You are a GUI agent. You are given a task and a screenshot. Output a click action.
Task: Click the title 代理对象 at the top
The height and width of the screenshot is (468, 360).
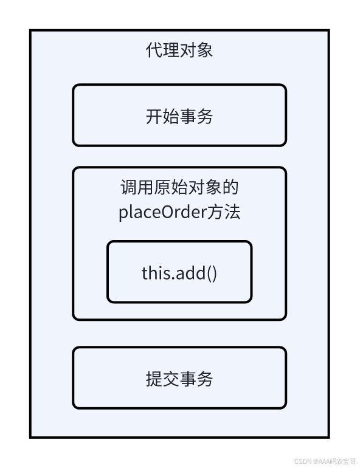179,50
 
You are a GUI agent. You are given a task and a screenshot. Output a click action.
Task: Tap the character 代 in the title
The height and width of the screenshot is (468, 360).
154,50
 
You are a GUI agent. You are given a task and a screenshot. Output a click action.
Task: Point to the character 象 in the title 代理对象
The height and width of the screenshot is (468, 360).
205,50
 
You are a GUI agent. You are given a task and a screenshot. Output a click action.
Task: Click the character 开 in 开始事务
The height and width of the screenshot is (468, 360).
154,116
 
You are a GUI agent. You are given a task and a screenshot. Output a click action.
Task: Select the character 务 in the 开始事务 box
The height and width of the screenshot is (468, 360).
205,116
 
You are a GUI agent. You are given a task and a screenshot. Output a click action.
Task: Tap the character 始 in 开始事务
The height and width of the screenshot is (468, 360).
171,116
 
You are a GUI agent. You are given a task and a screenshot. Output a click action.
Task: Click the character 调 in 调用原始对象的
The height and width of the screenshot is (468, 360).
129,187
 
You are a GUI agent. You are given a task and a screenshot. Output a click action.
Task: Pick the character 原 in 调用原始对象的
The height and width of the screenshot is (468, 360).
162,187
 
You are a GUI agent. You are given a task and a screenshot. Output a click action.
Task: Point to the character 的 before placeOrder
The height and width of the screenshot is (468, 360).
230,187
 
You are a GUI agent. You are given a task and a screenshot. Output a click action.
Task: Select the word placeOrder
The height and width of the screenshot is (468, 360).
163,213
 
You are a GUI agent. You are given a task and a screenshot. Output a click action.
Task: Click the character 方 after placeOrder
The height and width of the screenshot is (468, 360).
215,212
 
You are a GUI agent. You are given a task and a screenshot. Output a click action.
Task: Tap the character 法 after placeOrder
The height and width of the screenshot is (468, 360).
232,212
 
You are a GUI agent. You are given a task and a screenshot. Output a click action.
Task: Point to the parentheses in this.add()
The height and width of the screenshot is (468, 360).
212,274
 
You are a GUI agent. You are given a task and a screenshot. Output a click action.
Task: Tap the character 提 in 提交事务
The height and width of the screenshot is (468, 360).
154,379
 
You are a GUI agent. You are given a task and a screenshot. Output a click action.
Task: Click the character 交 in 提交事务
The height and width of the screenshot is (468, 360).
171,379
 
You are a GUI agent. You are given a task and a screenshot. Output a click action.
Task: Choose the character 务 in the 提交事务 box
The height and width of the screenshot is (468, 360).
205,379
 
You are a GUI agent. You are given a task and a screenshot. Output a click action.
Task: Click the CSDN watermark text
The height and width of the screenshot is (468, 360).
326,461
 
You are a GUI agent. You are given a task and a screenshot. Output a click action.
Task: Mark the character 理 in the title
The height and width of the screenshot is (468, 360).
171,50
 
